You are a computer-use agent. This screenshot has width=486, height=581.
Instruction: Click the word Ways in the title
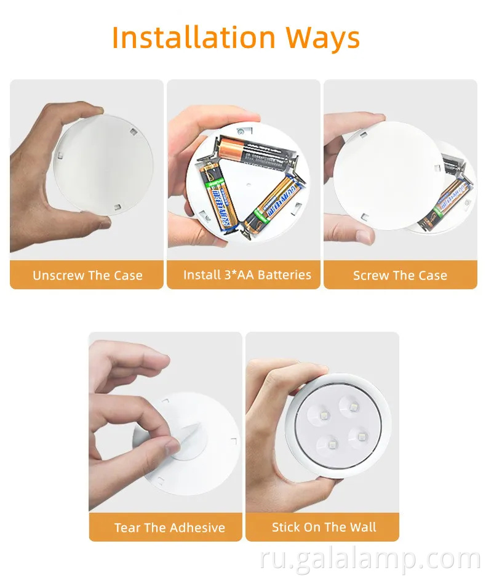[x=322, y=38]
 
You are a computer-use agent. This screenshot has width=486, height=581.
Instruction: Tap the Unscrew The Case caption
[x=87, y=275]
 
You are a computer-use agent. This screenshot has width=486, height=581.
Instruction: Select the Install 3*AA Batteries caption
[x=247, y=274]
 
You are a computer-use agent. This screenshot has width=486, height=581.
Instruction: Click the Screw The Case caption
[x=400, y=275]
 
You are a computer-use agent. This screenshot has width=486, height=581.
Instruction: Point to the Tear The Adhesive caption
[x=169, y=527]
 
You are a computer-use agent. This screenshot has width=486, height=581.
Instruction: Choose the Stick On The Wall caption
[x=324, y=527]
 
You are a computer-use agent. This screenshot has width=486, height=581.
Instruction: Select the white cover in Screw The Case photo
[x=384, y=175]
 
